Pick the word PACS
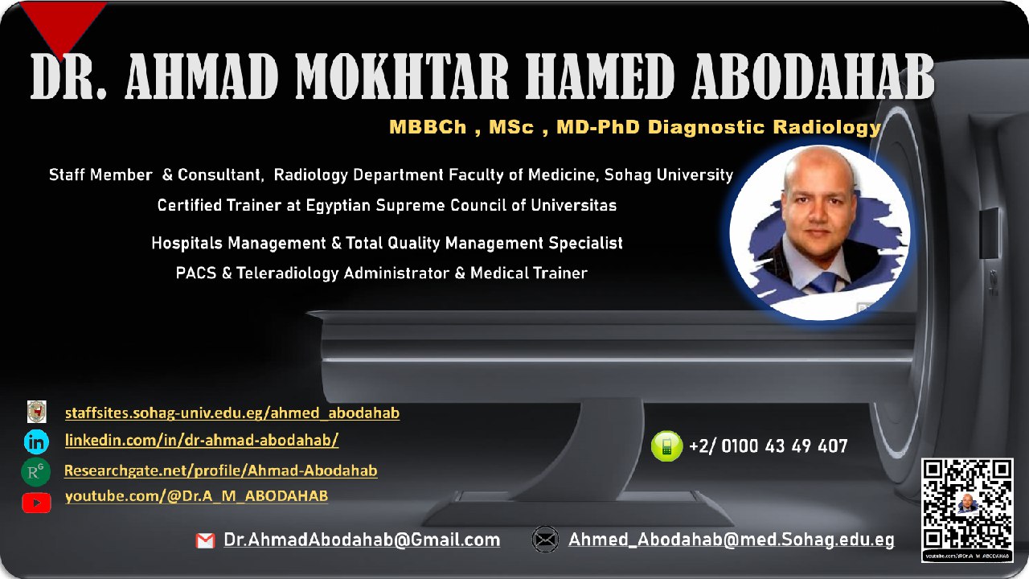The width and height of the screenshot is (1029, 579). coord(194,273)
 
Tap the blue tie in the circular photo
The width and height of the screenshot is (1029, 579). coord(824,282)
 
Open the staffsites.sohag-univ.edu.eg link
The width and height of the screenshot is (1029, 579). coord(232,413)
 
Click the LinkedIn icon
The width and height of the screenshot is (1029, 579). coord(37,441)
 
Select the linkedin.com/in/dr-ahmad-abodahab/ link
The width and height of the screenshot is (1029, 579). coord(202,440)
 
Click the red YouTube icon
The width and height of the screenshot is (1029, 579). coord(36,503)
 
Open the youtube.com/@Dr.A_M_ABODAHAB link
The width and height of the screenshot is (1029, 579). coord(196,496)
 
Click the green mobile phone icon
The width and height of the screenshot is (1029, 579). coord(666,446)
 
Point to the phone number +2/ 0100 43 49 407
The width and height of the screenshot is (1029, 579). coord(768,446)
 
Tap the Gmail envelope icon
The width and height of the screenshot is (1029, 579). coord(205,541)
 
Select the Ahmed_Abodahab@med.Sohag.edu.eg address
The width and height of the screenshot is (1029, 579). coord(731,540)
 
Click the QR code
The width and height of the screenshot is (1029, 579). coord(967,504)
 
